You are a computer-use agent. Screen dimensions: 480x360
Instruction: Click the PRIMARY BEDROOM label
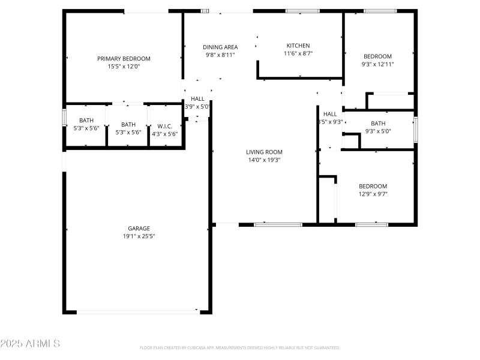(124, 58)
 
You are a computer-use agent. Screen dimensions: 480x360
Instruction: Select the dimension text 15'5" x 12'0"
(124, 67)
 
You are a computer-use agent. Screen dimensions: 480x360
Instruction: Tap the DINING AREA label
(220, 47)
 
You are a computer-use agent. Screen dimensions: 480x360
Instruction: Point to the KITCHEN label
(298, 46)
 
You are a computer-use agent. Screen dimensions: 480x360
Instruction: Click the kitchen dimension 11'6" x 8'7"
(298, 53)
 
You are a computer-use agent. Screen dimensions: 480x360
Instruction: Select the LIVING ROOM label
(264, 152)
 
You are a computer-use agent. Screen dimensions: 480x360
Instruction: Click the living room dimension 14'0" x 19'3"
(264, 160)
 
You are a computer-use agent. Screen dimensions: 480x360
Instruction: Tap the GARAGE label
(139, 228)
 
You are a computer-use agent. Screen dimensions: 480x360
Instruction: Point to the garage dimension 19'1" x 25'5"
(139, 236)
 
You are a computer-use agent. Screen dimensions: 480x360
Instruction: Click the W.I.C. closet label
(165, 126)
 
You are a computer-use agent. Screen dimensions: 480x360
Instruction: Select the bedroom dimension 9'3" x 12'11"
(377, 64)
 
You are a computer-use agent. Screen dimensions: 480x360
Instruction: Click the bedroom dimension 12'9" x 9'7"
(373, 194)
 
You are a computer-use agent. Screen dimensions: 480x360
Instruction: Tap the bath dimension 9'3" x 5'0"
(377, 131)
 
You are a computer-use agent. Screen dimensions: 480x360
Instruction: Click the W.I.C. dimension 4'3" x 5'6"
(165, 133)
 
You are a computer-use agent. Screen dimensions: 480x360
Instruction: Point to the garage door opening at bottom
(138, 311)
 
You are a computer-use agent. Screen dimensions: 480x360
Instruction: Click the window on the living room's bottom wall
(278, 224)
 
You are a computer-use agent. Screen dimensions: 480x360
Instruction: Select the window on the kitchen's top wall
(302, 10)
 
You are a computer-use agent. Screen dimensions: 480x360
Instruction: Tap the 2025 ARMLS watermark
(30, 344)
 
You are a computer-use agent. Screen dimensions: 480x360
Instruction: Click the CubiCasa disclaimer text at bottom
(240, 347)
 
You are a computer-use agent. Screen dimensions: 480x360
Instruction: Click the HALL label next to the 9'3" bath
(330, 114)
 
